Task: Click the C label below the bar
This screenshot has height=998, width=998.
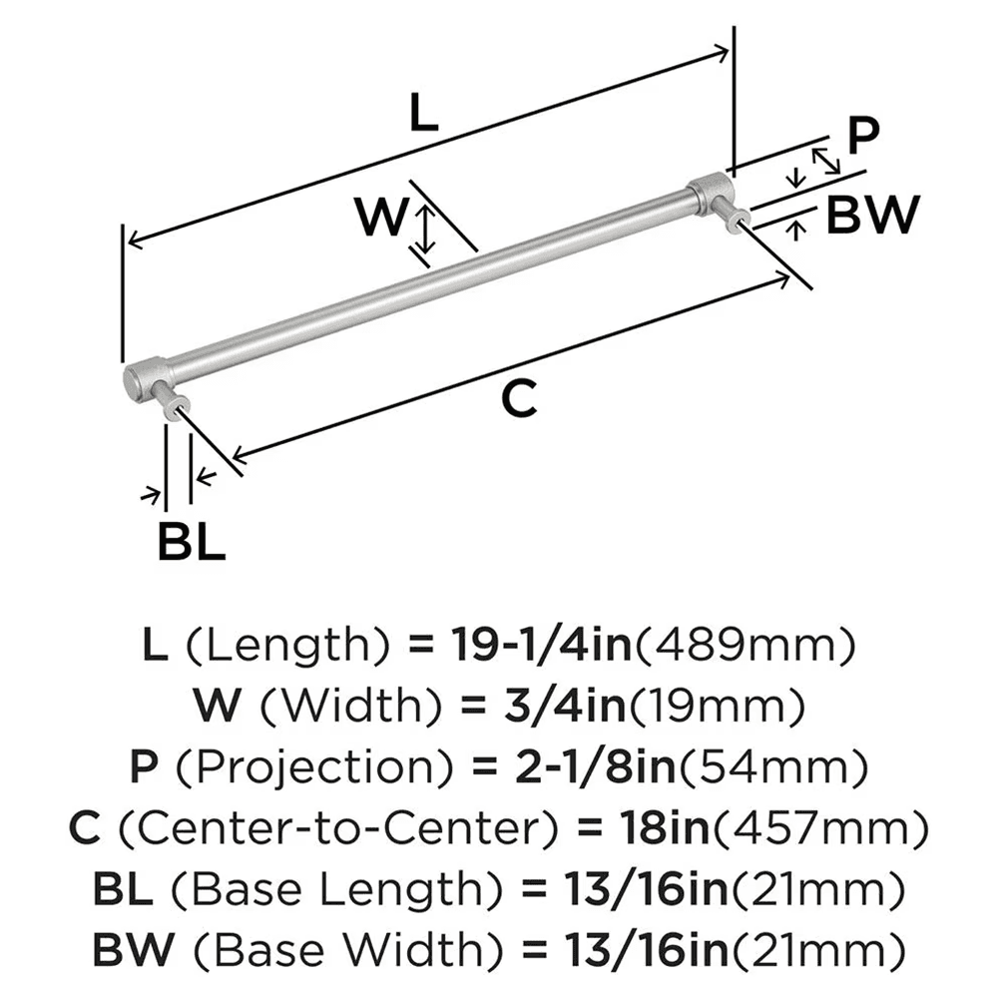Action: pyautogui.click(x=519, y=399)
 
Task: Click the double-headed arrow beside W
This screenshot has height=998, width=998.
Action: pyautogui.click(x=426, y=228)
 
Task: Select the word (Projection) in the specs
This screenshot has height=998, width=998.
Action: pyautogui.click(x=318, y=767)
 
